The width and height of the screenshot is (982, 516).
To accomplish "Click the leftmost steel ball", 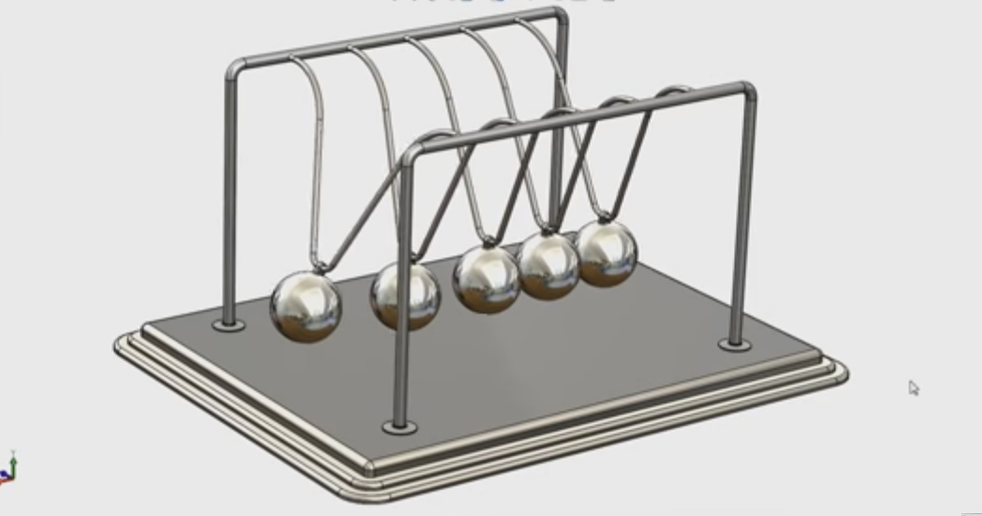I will [305, 307].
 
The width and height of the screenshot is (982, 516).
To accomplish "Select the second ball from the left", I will [404, 296].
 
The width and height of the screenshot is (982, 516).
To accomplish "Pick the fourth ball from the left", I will [549, 265].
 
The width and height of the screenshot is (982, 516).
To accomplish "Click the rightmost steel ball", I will [607, 252].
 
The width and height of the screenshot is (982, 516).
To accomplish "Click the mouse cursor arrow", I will [913, 387].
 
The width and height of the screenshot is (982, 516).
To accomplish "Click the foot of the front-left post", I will [400, 427].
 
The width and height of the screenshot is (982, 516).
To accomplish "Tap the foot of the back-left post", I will [228, 325].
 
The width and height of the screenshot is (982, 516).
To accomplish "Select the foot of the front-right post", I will [735, 345].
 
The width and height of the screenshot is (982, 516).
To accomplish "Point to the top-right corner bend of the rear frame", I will [561, 14].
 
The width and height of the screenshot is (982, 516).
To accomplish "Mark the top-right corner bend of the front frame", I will [749, 90].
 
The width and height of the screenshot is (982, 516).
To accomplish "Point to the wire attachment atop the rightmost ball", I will [604, 219].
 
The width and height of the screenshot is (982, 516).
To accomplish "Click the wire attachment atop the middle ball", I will [486, 243].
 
